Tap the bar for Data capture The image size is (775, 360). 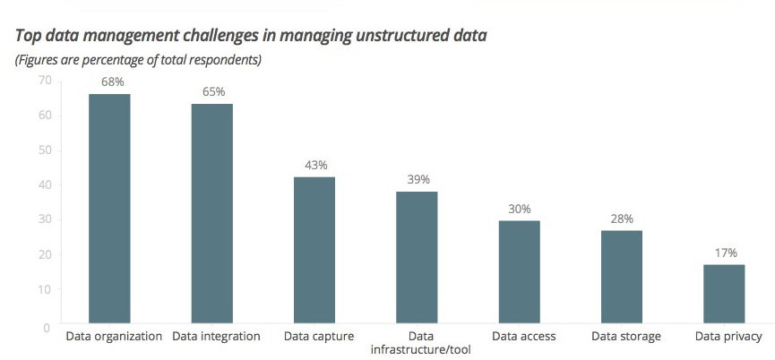click(314, 250)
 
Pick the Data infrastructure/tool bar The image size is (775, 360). click(418, 257)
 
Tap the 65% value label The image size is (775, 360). click(213, 91)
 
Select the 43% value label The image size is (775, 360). click(315, 166)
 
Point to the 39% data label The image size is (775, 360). click(418, 180)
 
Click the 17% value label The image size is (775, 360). click(725, 253)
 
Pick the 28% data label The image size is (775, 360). click(622, 219)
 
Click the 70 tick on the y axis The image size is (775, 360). click(43, 81)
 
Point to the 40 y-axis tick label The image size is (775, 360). click(43, 185)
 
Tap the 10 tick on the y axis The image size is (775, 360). click(43, 290)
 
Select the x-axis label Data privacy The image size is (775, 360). click(728, 337)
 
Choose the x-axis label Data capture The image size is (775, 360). click(318, 337)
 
